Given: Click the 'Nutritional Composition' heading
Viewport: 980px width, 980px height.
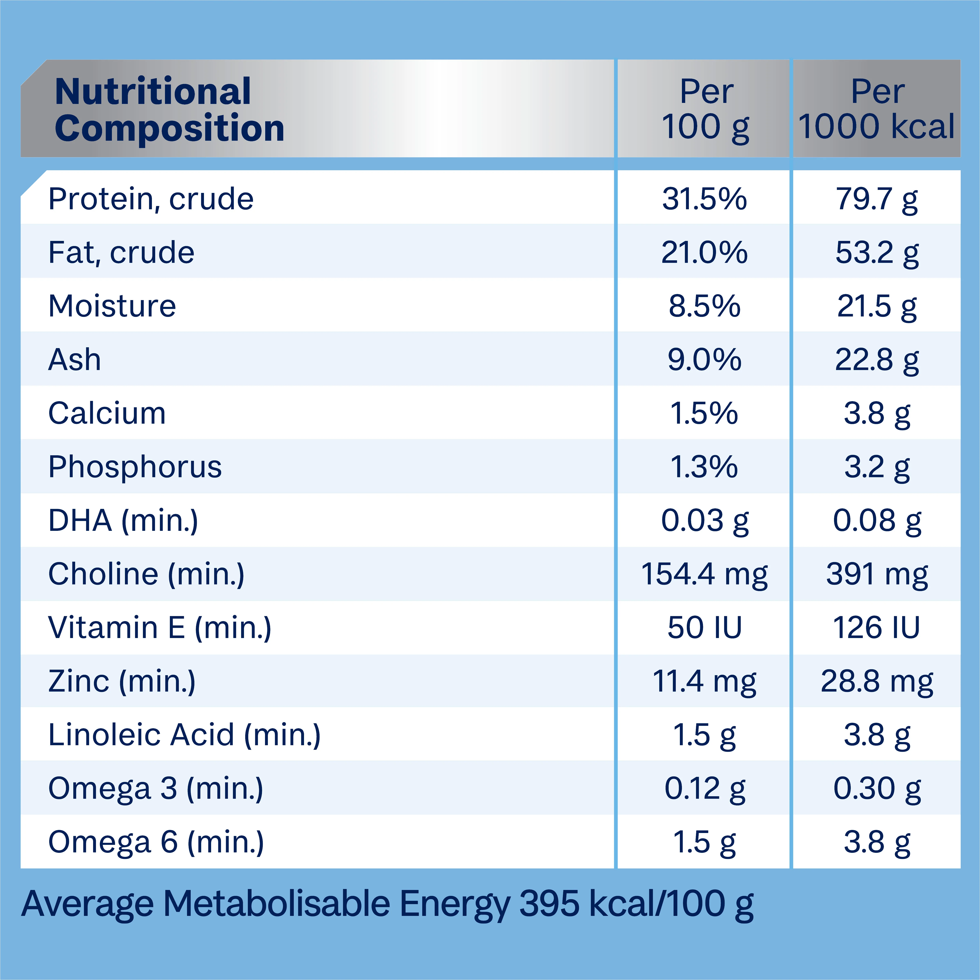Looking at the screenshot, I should (169, 109).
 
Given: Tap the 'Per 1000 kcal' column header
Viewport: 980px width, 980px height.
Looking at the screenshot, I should (876, 109).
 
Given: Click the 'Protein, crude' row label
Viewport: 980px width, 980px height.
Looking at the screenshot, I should (151, 199).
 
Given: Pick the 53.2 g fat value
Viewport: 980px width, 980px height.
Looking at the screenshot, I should (876, 253).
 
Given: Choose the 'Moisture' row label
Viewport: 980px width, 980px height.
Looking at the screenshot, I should (112, 306).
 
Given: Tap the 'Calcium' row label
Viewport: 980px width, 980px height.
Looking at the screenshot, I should (107, 413).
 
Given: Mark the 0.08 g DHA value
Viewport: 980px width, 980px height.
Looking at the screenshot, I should (876, 521).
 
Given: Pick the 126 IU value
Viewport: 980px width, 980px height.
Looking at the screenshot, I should (876, 628).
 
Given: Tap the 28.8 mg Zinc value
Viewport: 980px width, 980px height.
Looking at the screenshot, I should (876, 681).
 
